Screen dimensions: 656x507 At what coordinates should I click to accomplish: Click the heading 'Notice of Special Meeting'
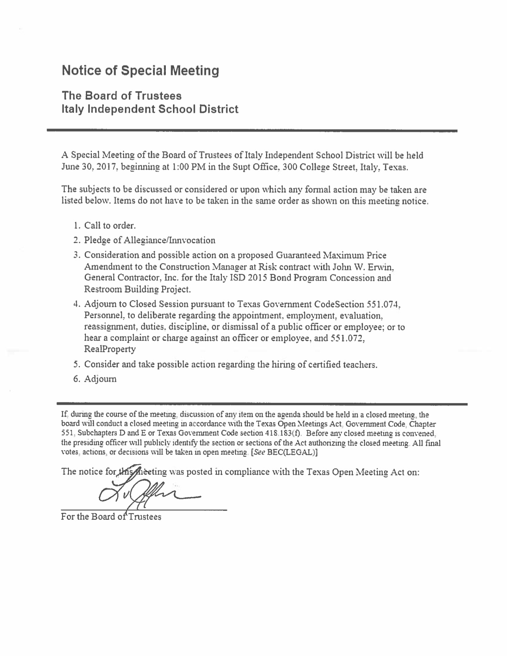(x=140, y=71)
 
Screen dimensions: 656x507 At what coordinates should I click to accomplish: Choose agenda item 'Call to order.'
(x=110, y=226)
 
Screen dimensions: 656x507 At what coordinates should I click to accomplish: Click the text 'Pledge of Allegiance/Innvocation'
(x=150, y=241)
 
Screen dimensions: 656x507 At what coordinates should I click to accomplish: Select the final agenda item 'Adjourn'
(x=100, y=379)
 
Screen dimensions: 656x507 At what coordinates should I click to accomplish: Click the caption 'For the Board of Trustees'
(x=111, y=517)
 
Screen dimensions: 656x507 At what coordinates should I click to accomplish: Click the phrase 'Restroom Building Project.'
(x=138, y=289)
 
